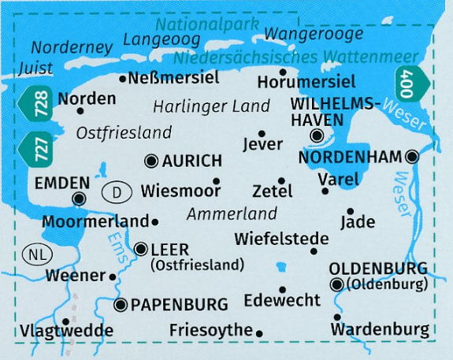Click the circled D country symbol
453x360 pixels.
point(116,191)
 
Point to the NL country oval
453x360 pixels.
point(34,254)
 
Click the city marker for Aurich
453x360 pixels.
point(152,161)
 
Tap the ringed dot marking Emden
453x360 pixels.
point(80,199)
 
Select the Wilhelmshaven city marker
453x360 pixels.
point(317,136)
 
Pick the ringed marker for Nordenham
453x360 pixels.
point(411,158)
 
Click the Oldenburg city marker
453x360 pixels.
point(337,284)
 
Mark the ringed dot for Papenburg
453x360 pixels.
point(121,304)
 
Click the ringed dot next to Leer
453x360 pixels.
point(140,249)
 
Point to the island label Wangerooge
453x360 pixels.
point(313,34)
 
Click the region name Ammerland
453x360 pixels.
point(232,213)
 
